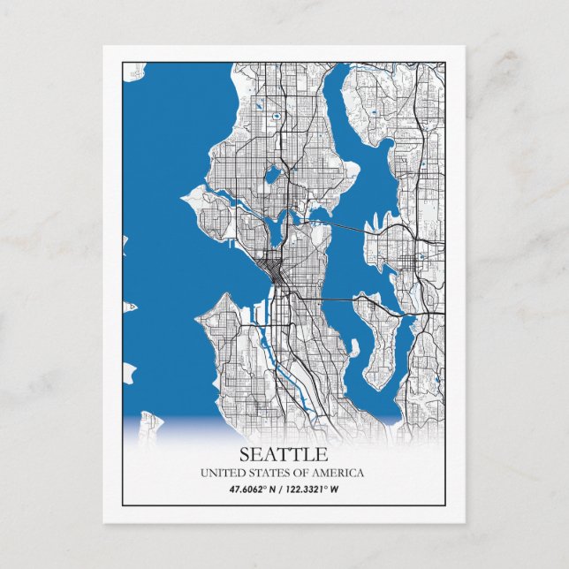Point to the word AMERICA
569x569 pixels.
pos(338,474)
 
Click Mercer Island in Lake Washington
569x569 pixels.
pos(384,353)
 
